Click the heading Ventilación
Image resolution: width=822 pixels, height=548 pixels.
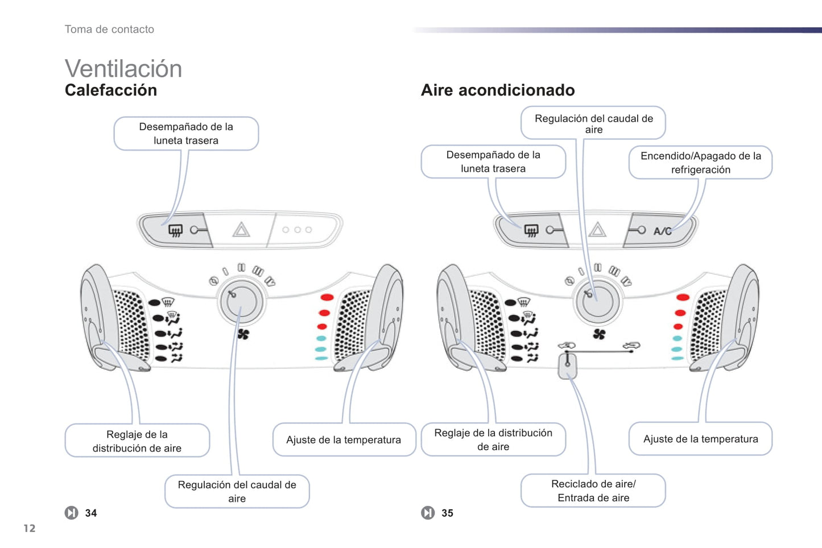(123, 69)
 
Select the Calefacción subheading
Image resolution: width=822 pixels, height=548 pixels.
(110, 90)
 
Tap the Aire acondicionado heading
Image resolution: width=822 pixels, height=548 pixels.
(497, 90)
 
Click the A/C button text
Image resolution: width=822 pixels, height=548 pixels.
(663, 231)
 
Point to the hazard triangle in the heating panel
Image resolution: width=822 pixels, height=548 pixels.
(241, 230)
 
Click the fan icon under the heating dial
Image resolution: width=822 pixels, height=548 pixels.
(243, 334)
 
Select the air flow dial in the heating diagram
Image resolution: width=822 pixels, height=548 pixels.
(242, 302)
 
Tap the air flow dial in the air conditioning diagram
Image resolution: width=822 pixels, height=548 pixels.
(597, 301)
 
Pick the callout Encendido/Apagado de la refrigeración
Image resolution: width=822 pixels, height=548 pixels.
(700, 163)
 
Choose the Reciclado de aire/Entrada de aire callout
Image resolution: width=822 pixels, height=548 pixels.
(593, 491)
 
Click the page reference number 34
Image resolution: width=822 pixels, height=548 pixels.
(91, 513)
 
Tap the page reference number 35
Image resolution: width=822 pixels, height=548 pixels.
(448, 513)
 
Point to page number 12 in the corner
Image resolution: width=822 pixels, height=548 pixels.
(30, 529)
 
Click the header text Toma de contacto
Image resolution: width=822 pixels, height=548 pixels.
(109, 30)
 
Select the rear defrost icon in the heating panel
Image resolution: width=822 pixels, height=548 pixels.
(175, 230)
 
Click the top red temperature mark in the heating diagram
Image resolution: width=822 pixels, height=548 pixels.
(327, 297)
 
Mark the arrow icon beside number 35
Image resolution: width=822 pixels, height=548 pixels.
(428, 513)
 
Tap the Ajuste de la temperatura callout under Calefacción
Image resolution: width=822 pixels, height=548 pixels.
(344, 439)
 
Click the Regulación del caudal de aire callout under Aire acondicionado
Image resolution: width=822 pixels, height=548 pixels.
(593, 123)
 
